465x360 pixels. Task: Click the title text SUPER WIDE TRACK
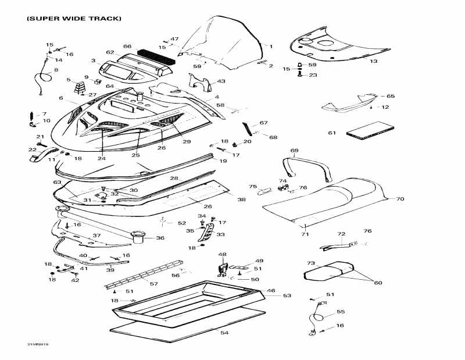74,19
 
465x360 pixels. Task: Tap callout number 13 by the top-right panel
373,60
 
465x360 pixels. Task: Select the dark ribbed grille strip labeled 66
155,55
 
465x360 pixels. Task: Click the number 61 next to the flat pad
332,133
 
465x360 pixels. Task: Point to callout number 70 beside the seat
400,199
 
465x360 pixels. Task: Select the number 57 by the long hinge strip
153,284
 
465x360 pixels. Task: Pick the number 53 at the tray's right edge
287,296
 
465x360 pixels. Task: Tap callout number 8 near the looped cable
56,70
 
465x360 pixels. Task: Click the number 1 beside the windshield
270,45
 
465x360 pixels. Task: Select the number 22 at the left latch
32,149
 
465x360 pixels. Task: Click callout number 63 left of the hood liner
57,183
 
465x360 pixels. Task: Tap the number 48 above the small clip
222,255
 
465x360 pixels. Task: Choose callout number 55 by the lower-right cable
341,312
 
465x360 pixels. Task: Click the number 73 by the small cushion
311,263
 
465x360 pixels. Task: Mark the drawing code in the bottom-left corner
37,344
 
